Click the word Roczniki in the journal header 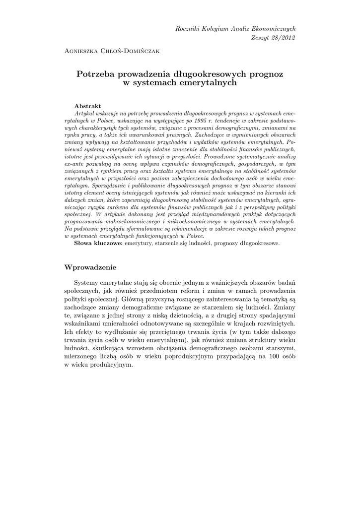pos(188,30)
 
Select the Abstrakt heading pos(87,106)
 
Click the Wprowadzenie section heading pos(90,267)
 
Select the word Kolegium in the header pos(216,30)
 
